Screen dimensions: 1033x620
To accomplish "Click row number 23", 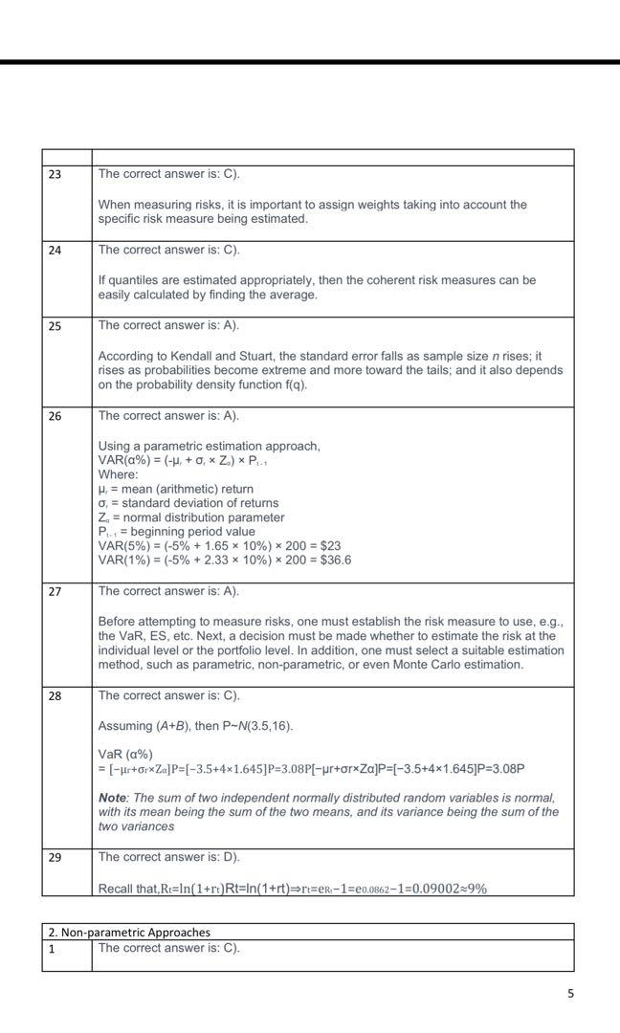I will click(x=55, y=175).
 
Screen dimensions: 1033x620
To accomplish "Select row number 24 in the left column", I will click(x=55, y=251).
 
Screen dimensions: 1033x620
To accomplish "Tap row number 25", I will click(x=55, y=326).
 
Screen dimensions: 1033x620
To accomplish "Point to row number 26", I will click(x=55, y=417).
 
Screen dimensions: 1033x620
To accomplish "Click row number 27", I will click(x=55, y=592).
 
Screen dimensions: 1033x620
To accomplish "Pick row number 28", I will click(x=55, y=696).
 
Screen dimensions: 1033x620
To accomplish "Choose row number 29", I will click(x=55, y=858).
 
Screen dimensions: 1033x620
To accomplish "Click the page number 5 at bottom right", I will click(x=570, y=994).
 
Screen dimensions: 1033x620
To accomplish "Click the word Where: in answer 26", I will click(x=119, y=474).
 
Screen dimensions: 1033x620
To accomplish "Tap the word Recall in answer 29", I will click(x=118, y=889).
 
